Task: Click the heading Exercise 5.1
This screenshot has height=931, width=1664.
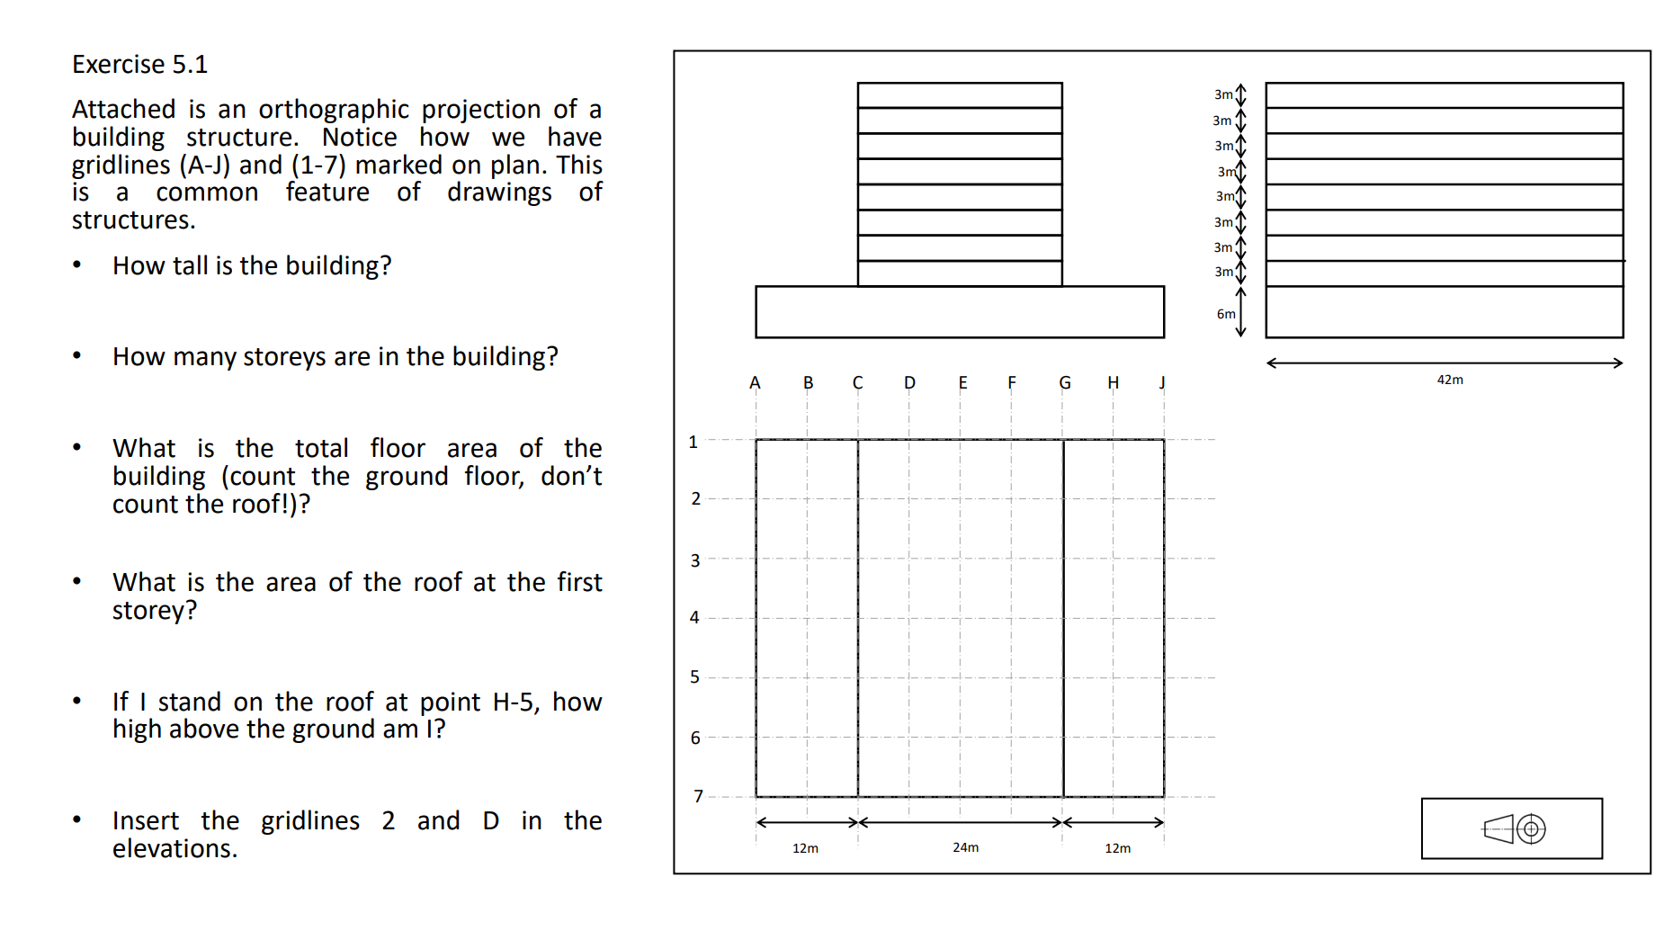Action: [x=139, y=65]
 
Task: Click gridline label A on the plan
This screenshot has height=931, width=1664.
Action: [x=755, y=383]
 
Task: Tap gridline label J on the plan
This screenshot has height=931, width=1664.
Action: [x=1162, y=383]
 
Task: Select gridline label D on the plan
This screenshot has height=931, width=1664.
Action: [x=909, y=383]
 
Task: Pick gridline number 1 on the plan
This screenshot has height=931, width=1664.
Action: [x=693, y=443]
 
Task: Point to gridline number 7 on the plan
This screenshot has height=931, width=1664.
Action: [x=698, y=796]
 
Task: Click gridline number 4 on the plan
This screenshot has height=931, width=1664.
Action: [x=694, y=617]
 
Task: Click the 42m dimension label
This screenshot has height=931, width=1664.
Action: [x=1450, y=380]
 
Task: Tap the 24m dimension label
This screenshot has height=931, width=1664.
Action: [x=965, y=847]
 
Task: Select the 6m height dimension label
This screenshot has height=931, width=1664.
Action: [x=1226, y=314]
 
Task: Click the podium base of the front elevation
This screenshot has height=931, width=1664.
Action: [x=960, y=312]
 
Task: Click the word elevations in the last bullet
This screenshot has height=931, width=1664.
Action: [x=174, y=849]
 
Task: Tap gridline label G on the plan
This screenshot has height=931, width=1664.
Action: [x=1064, y=383]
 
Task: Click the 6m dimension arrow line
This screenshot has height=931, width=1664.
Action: [x=1241, y=312]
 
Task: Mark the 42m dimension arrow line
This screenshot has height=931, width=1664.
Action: [x=1445, y=363]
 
